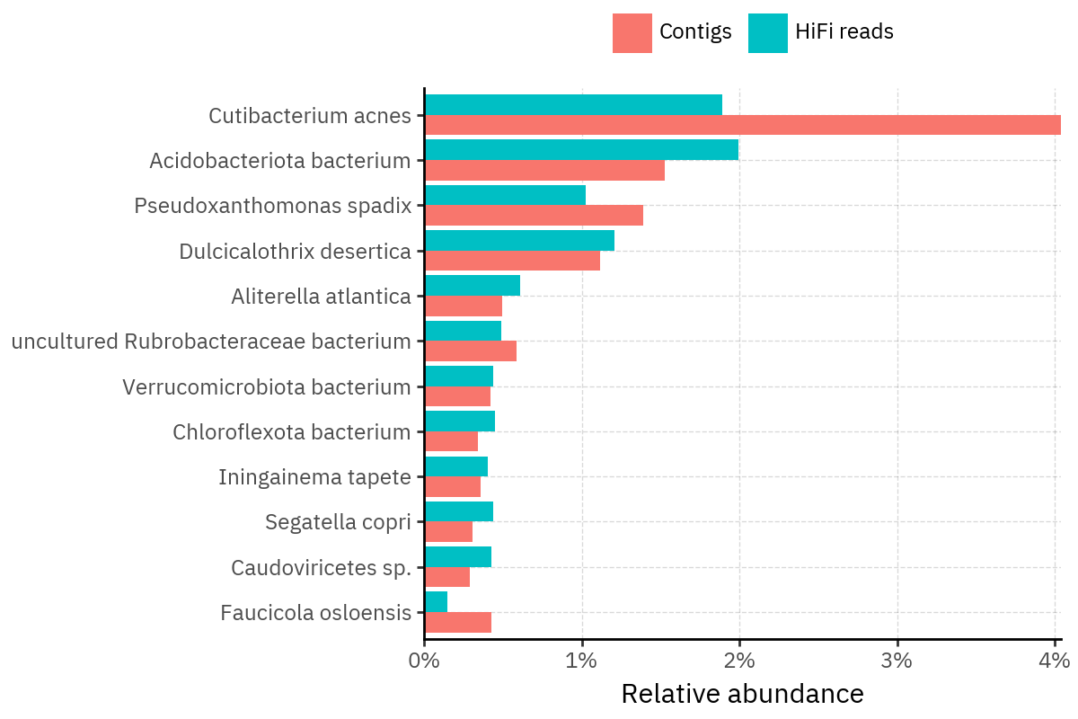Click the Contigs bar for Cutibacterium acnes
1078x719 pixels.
tap(742, 125)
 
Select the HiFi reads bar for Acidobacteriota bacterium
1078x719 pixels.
tap(581, 149)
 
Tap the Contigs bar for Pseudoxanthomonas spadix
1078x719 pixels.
tap(534, 215)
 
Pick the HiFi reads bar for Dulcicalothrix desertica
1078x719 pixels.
tap(519, 240)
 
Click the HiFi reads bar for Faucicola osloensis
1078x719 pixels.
tap(436, 601)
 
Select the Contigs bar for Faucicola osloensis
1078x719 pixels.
tap(457, 622)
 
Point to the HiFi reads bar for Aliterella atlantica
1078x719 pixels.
tap(472, 285)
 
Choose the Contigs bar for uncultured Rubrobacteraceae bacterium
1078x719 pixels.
tap(470, 351)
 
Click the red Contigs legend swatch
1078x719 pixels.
tap(632, 33)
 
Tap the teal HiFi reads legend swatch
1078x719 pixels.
tap(767, 33)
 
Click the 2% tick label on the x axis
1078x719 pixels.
tap(739, 661)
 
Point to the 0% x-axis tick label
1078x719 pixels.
tap(424, 661)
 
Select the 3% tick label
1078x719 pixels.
tap(897, 661)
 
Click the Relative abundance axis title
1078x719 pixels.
tap(742, 694)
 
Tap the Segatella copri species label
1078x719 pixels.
tap(338, 522)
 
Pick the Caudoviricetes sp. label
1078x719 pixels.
tap(321, 568)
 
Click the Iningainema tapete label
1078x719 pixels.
tap(314, 477)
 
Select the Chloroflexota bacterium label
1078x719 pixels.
tap(291, 432)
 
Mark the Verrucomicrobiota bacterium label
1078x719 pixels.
tap(266, 387)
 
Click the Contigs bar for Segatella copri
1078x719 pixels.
tap(448, 531)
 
